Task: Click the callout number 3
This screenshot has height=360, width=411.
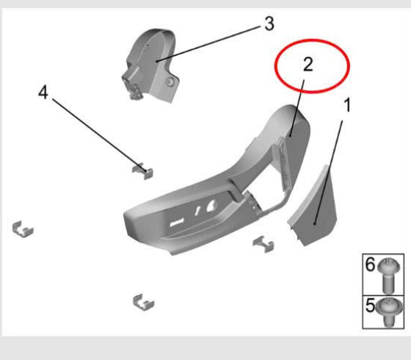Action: coord(269,24)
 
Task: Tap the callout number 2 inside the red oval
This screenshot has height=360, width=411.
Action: coord(308,65)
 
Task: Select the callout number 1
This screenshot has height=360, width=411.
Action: coord(347,105)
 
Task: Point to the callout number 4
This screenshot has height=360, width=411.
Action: coord(43,92)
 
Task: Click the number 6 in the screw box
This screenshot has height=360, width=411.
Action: coord(371,264)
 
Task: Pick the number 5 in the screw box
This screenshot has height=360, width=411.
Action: coord(371,305)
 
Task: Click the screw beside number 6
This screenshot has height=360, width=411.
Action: coord(388,276)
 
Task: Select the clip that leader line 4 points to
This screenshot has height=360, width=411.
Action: coord(142,170)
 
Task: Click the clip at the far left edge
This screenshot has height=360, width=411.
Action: coord(23,229)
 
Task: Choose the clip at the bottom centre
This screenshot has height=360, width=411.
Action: coord(143,302)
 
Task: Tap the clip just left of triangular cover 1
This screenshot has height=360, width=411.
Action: coord(263,244)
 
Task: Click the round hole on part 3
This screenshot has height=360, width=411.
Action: coord(170,82)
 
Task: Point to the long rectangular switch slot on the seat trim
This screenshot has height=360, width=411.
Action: coord(178,223)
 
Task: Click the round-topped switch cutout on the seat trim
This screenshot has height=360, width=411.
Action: coord(212,206)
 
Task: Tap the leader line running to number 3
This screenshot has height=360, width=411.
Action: coord(208,44)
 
